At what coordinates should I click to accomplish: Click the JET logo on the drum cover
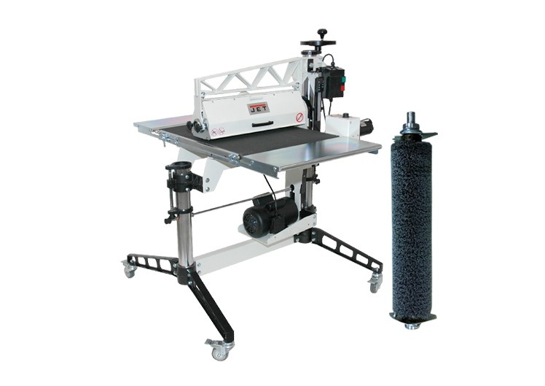(259, 107)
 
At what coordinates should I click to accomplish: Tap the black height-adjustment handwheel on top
(318, 42)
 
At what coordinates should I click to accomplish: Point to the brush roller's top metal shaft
(411, 120)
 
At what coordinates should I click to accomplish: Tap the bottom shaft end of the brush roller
(412, 326)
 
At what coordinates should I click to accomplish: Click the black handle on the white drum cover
(262, 124)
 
